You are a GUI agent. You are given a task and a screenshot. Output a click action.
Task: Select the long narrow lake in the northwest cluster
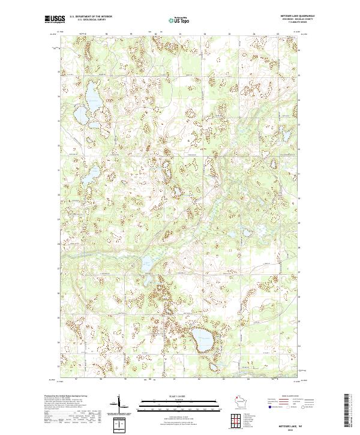click(92, 94)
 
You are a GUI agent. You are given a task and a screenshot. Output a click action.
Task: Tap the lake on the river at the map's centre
click(146, 260)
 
